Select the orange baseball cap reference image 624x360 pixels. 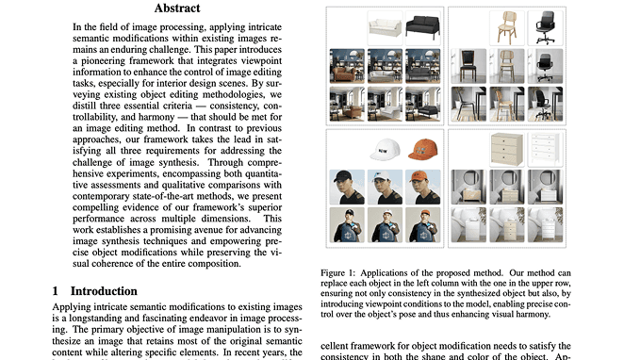click(424, 148)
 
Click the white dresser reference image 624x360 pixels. click(544, 148)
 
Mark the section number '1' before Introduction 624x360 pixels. click(56, 292)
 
